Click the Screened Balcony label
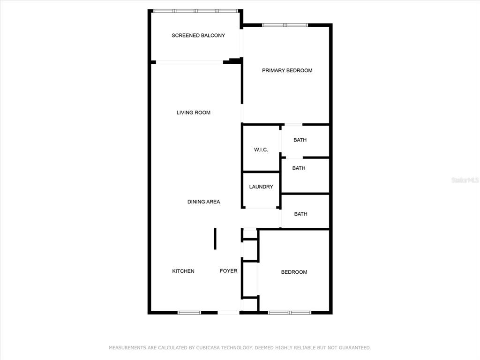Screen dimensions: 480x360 click(198, 36)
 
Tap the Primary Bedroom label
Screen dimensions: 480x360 click(287, 70)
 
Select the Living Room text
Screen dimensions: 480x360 click(194, 112)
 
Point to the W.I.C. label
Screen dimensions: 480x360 click(261, 150)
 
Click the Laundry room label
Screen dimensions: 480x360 click(261, 187)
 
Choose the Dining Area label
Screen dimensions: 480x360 click(203, 202)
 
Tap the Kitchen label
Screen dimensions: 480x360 click(183, 271)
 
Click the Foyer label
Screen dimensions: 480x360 click(228, 271)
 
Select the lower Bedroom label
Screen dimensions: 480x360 click(294, 272)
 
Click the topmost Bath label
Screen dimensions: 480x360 click(300, 140)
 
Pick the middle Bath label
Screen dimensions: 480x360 click(299, 168)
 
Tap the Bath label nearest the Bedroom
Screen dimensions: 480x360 click(300, 214)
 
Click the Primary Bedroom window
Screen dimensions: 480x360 click(285, 25)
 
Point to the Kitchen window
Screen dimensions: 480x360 click(189, 313)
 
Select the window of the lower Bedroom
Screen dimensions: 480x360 click(290, 313)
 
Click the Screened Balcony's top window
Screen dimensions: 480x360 click(195, 11)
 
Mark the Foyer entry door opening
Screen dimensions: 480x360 click(228, 313)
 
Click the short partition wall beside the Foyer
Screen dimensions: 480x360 click(215, 239)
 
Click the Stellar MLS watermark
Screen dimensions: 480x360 click(465, 180)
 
